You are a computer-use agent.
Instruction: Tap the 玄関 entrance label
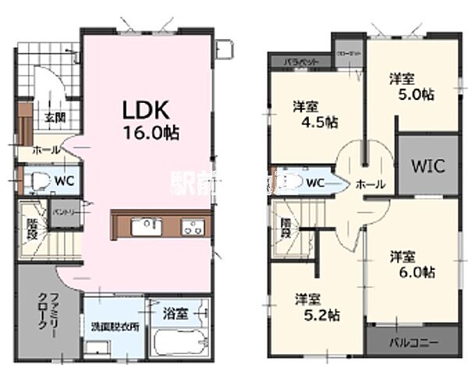(54, 118)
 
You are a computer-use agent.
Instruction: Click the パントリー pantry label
(62, 211)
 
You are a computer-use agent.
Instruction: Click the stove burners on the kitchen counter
(191, 227)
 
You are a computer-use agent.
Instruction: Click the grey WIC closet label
(418, 166)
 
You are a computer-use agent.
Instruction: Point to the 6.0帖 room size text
(413, 272)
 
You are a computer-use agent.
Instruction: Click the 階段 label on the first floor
(32, 226)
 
